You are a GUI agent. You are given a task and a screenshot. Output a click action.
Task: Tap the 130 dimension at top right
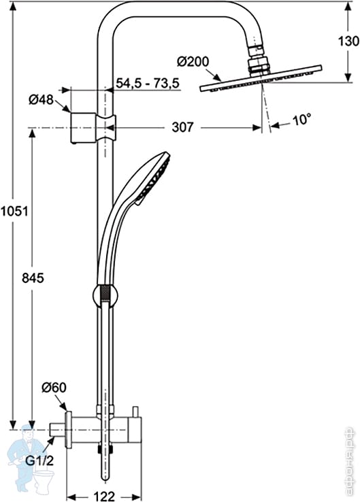348,41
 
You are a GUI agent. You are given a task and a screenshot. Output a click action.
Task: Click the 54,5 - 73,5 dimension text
147,83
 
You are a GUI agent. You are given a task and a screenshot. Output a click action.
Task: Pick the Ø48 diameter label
41,100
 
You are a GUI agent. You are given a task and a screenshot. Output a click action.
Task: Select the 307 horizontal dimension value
183,127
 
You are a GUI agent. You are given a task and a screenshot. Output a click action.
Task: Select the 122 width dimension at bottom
104,495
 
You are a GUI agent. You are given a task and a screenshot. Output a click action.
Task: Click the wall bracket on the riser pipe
93,127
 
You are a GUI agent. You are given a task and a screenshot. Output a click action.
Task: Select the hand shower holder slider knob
104,296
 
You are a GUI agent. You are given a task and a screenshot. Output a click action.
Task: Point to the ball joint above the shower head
257,64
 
